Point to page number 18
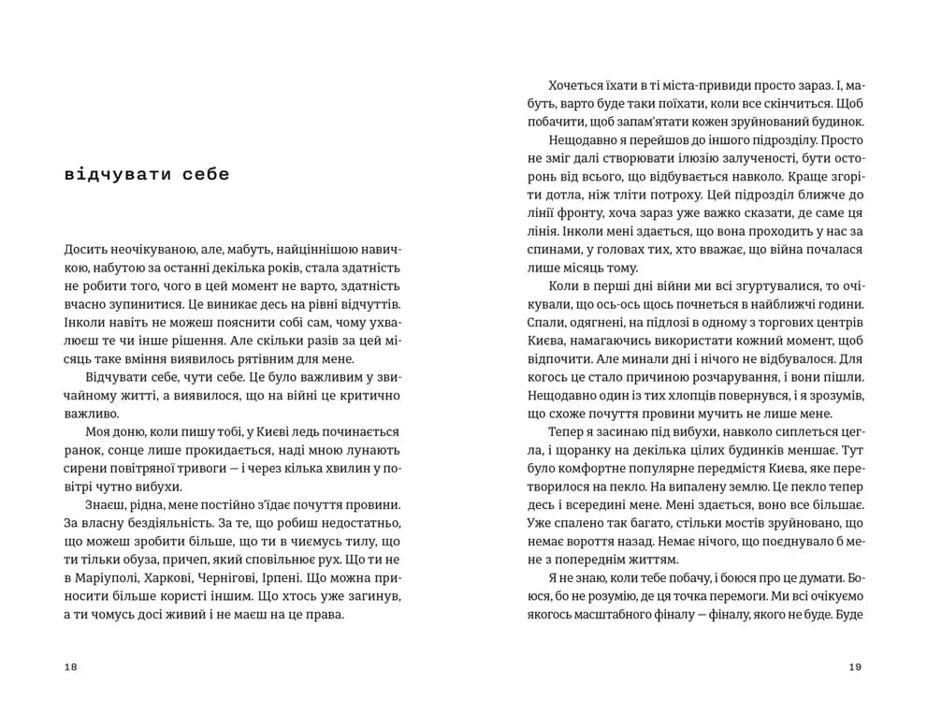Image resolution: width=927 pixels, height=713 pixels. pyautogui.click(x=71, y=666)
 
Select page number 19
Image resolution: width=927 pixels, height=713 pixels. pyautogui.click(x=854, y=666)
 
